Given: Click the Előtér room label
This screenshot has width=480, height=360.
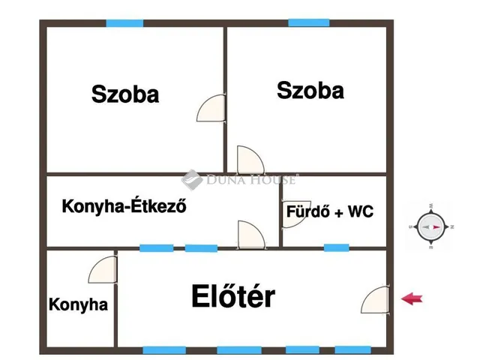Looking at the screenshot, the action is point(233,295).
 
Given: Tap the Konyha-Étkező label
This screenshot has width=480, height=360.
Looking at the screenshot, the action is point(124,205).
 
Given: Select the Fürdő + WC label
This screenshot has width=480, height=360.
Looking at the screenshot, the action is point(330,211).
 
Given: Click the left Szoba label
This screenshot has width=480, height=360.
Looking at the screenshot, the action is point(125,94).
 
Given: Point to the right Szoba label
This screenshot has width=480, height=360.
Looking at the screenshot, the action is point(310,90).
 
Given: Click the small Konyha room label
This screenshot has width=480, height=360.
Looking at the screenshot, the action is point(78,304).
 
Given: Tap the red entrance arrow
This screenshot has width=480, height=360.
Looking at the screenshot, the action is point(412,298).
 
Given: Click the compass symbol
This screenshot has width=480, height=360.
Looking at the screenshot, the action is point(431,226).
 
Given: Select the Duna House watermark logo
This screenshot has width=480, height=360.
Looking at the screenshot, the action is point(238,180).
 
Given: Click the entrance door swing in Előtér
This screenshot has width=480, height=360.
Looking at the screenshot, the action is point(376,300).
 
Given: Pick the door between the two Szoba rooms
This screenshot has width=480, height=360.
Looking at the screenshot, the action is point(211,108).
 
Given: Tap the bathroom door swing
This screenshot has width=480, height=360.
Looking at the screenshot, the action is point(295,214).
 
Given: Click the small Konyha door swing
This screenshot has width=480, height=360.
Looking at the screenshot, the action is point(103,269).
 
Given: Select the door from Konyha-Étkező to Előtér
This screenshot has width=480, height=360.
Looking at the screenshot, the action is point(251,235).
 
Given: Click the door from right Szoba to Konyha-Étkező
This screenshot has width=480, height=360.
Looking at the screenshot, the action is point(250,160).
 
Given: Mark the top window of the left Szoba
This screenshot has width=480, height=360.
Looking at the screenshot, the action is point(125,23).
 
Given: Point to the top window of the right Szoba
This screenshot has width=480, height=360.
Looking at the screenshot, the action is point(309,23).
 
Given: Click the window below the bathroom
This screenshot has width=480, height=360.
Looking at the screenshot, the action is point(337,247).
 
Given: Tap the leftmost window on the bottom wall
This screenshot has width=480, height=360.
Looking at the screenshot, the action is point(164,350).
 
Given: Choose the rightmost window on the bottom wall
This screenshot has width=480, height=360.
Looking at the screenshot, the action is point(353,350).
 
